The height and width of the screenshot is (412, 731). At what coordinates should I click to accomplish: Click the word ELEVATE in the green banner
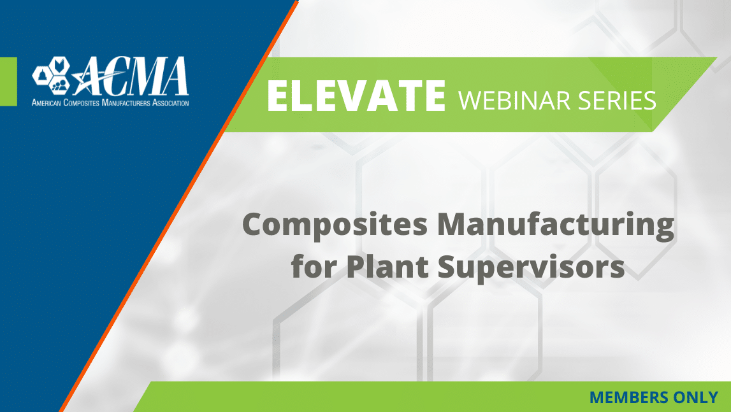[356, 96]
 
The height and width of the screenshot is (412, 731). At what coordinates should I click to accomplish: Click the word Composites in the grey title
[335, 225]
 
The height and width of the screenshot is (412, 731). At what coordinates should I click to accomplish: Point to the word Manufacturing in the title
[555, 225]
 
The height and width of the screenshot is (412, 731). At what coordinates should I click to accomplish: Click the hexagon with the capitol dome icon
[42, 75]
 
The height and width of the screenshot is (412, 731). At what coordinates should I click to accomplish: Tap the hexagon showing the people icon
[59, 84]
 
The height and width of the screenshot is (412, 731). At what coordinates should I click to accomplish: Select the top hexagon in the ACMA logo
[59, 64]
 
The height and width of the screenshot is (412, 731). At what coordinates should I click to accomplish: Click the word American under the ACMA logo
[46, 103]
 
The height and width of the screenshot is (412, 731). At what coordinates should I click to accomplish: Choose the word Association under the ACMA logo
[171, 103]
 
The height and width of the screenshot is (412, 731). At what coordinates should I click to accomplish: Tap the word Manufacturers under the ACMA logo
[126, 103]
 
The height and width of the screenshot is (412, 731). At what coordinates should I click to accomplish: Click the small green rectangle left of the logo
[8, 82]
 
